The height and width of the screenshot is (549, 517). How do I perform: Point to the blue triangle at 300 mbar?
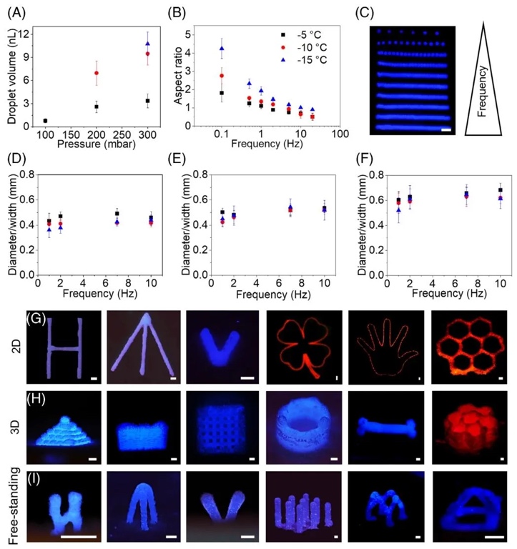tap(148, 44)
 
